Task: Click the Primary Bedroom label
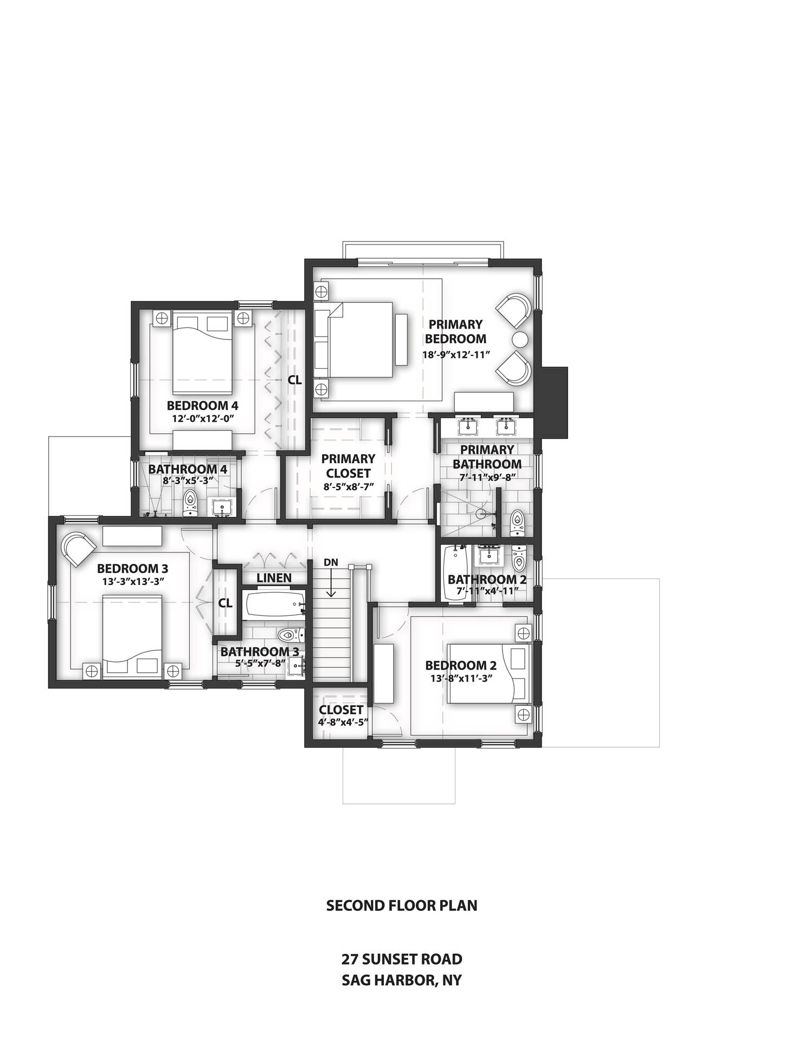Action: [455, 331]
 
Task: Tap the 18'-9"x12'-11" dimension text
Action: [456, 355]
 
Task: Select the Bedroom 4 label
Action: [202, 405]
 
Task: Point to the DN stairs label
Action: [331, 562]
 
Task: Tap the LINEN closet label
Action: [274, 578]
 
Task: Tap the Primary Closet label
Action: [349, 466]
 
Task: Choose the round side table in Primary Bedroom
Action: [519, 339]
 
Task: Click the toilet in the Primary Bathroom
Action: [517, 522]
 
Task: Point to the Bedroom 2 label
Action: [461, 665]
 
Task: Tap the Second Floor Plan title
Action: [402, 905]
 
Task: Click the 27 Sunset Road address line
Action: [402, 959]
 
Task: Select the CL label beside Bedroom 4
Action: [294, 380]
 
